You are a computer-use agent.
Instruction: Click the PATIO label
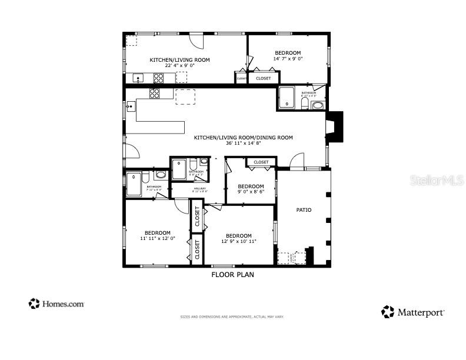(x=304, y=210)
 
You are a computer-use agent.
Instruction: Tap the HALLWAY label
(x=199, y=188)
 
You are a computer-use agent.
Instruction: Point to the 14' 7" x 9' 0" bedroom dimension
(x=287, y=59)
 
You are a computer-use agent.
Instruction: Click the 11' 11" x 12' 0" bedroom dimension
(x=158, y=239)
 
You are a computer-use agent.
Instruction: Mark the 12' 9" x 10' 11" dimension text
(x=238, y=242)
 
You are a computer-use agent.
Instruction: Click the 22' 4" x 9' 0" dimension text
(x=179, y=66)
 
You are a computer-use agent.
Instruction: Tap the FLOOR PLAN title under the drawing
(x=232, y=274)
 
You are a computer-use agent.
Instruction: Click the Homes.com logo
(x=56, y=304)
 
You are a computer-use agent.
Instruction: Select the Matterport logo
(x=412, y=312)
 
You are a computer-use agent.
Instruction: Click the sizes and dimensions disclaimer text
(x=232, y=317)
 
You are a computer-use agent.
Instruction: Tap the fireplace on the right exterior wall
(x=334, y=128)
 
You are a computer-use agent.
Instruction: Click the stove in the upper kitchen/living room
(x=159, y=78)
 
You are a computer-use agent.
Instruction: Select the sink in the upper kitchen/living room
(x=138, y=78)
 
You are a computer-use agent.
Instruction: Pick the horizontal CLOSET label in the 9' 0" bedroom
(x=261, y=162)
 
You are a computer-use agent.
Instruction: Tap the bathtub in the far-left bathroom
(x=134, y=184)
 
